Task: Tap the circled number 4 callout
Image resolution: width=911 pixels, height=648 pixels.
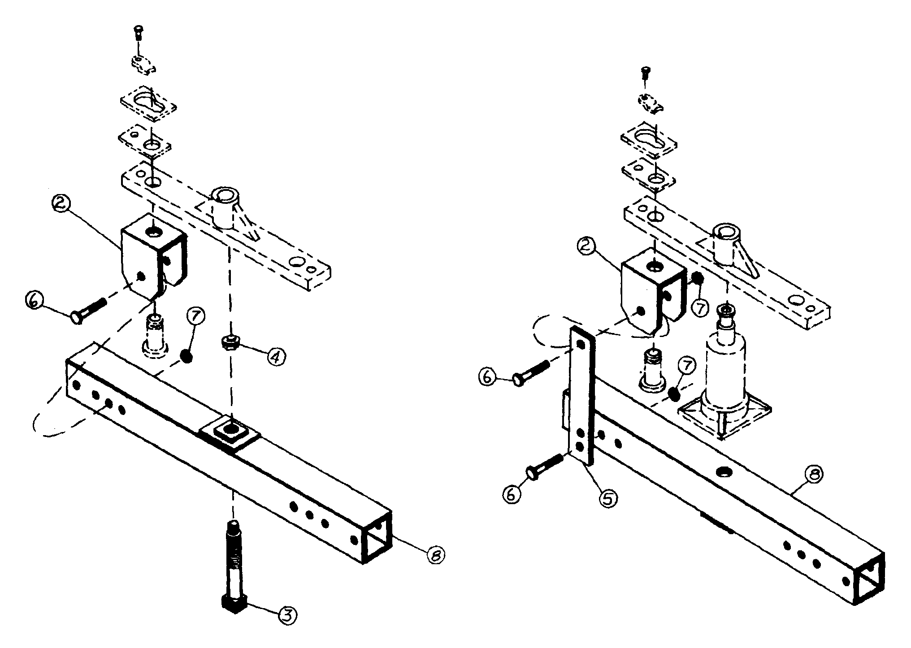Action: click(277, 357)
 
